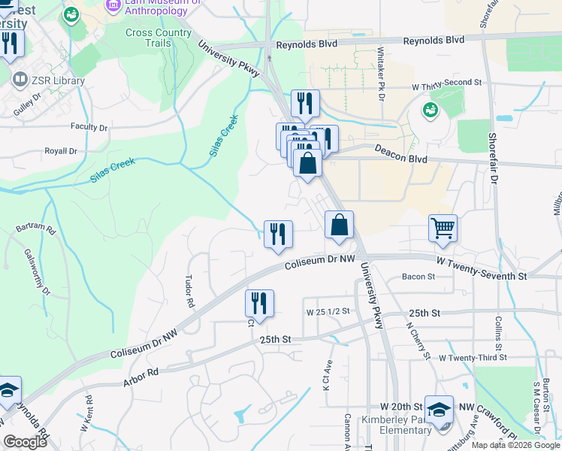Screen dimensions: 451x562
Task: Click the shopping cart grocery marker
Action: (x=443, y=227)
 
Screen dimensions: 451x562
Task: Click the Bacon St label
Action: (x=418, y=277)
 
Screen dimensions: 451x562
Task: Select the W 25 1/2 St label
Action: (x=329, y=311)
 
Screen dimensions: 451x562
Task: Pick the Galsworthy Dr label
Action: (x=37, y=271)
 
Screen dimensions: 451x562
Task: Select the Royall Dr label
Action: (x=61, y=150)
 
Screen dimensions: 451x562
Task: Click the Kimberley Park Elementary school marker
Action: (x=439, y=409)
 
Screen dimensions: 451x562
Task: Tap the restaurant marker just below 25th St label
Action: (x=259, y=304)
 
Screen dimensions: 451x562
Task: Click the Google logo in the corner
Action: (x=25, y=442)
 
